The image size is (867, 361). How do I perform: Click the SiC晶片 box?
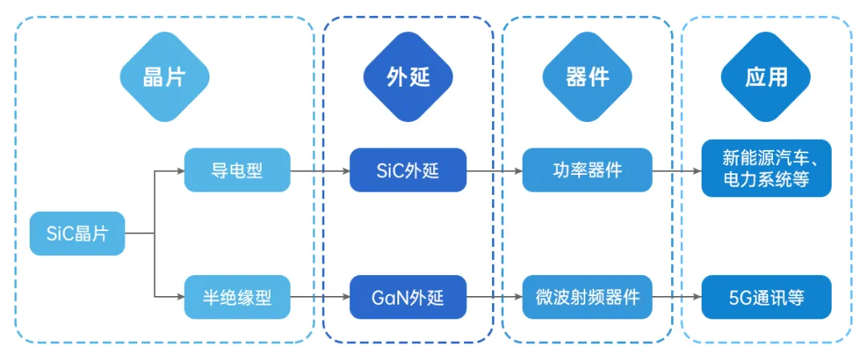78,233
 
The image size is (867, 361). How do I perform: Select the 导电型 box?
236,170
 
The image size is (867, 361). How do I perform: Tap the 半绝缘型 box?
236,298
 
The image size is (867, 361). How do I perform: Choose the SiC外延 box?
408,170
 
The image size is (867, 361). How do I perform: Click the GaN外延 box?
408,298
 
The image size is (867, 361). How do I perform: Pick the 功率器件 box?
587,170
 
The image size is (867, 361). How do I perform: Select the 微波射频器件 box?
587,298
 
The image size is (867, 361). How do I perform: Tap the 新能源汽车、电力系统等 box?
765,170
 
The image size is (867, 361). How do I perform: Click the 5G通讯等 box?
765,298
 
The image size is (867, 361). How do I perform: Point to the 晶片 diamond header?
165,77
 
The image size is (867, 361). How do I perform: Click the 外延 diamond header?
408,77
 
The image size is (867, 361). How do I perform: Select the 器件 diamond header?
587,77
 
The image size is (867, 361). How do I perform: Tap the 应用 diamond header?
765,77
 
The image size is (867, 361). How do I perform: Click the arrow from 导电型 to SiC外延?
319,170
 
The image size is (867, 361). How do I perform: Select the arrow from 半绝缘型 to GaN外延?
319,298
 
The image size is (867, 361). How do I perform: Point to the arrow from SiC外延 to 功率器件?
494,170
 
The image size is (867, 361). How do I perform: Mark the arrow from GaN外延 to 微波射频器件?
494,298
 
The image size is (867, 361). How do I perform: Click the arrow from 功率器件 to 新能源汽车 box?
676,170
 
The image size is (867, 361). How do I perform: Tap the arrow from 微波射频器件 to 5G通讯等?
676,298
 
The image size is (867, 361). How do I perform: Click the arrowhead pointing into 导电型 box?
180,170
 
